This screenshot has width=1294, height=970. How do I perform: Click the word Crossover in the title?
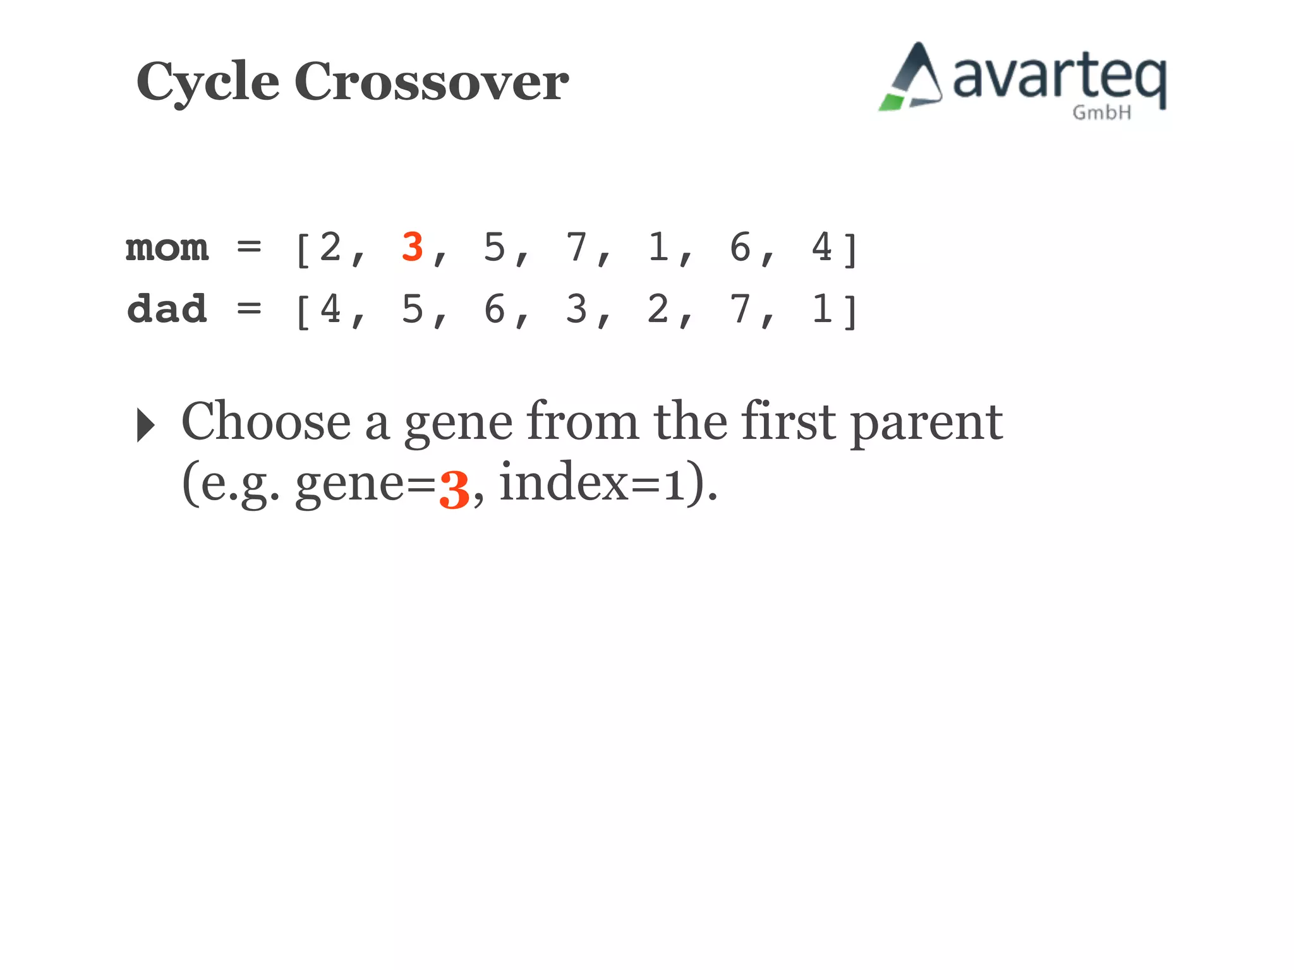pyautogui.click(x=431, y=82)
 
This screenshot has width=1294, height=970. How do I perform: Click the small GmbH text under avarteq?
pyautogui.click(x=1101, y=113)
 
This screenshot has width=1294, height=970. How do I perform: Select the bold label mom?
pyautogui.click(x=167, y=248)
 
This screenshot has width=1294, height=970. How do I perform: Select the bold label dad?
pyautogui.click(x=167, y=309)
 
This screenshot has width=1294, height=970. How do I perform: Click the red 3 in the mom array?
pyautogui.click(x=412, y=247)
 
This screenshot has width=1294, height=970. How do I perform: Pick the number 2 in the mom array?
pyautogui.click(x=330, y=247)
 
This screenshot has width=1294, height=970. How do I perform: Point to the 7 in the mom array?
pyautogui.click(x=576, y=247)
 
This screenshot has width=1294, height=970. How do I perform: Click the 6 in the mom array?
pyautogui.click(x=740, y=247)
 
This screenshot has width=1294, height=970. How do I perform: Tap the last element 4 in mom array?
pyautogui.click(x=821, y=247)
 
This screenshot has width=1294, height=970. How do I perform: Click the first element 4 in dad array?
pyautogui.click(x=330, y=309)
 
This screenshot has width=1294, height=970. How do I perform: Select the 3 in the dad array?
pyautogui.click(x=576, y=309)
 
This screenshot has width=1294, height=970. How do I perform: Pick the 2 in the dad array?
pyautogui.click(x=658, y=309)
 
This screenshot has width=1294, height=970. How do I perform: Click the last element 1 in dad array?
pyautogui.click(x=821, y=309)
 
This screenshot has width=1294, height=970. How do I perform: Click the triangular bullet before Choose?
pyautogui.click(x=146, y=425)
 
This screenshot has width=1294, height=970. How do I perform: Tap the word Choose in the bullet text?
pyautogui.click(x=265, y=422)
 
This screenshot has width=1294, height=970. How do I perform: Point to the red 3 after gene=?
pyautogui.click(x=454, y=490)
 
